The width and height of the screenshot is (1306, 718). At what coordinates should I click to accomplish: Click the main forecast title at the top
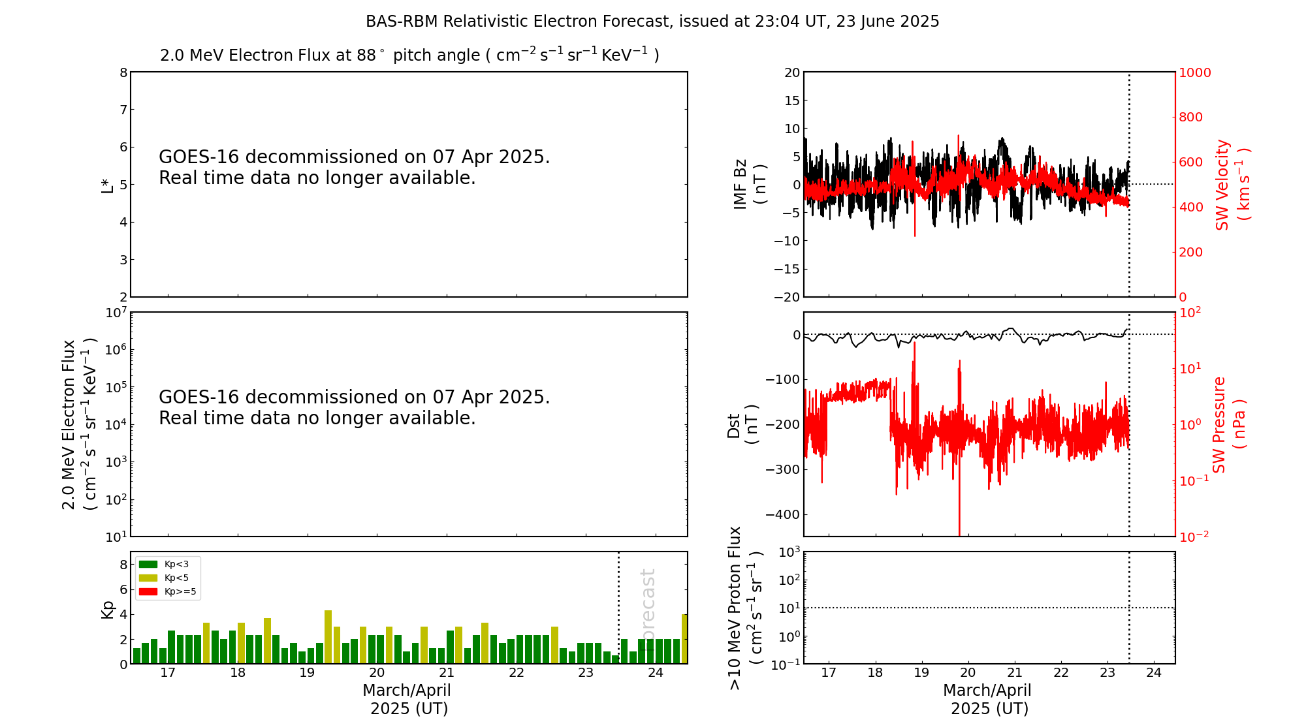(x=652, y=22)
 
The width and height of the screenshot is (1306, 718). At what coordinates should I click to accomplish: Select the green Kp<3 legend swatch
(x=148, y=564)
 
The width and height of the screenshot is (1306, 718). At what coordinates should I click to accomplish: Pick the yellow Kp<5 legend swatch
(x=148, y=578)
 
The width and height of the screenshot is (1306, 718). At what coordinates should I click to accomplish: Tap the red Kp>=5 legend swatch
(x=148, y=592)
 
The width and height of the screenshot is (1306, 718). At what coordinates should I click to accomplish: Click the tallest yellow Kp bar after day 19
(x=328, y=636)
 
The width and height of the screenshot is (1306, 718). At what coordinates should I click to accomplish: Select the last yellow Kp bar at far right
(x=684, y=638)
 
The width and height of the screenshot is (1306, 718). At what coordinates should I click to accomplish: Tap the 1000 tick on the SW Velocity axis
(x=1194, y=72)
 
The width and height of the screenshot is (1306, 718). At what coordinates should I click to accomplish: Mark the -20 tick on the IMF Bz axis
(x=787, y=297)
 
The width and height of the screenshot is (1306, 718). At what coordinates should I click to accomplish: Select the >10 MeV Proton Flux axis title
(x=745, y=608)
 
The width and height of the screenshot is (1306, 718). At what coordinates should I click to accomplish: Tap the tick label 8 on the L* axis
(x=123, y=72)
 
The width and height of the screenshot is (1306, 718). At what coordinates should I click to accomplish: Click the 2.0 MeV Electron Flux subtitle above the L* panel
(x=409, y=55)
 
